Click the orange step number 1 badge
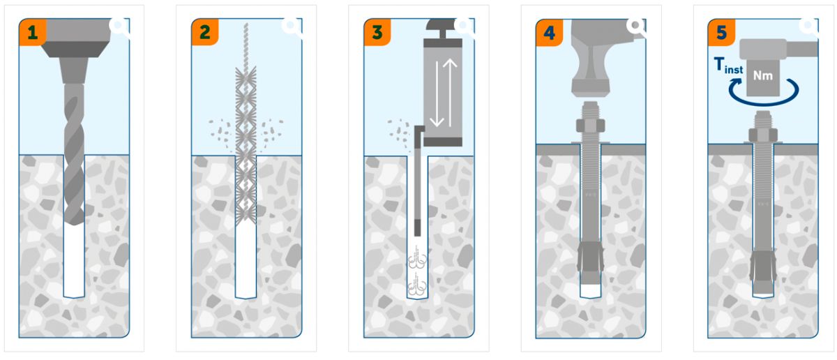tap(33, 32)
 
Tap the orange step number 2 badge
tap(205, 32)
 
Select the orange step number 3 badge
tap(377, 32)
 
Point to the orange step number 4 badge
tap(550, 33)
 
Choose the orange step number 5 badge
tap(721, 33)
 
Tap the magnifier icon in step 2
tap(292, 27)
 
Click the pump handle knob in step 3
tap(442, 24)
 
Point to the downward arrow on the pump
tap(437, 93)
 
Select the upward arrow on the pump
tap(450, 93)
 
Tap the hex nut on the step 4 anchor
tap(590, 126)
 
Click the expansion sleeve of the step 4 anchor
tap(590, 258)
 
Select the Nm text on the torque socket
tap(762, 76)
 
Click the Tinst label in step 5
tap(728, 66)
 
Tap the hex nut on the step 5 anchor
tap(763, 135)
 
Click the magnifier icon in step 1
tap(119, 27)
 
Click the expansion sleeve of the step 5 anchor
tap(763, 267)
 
